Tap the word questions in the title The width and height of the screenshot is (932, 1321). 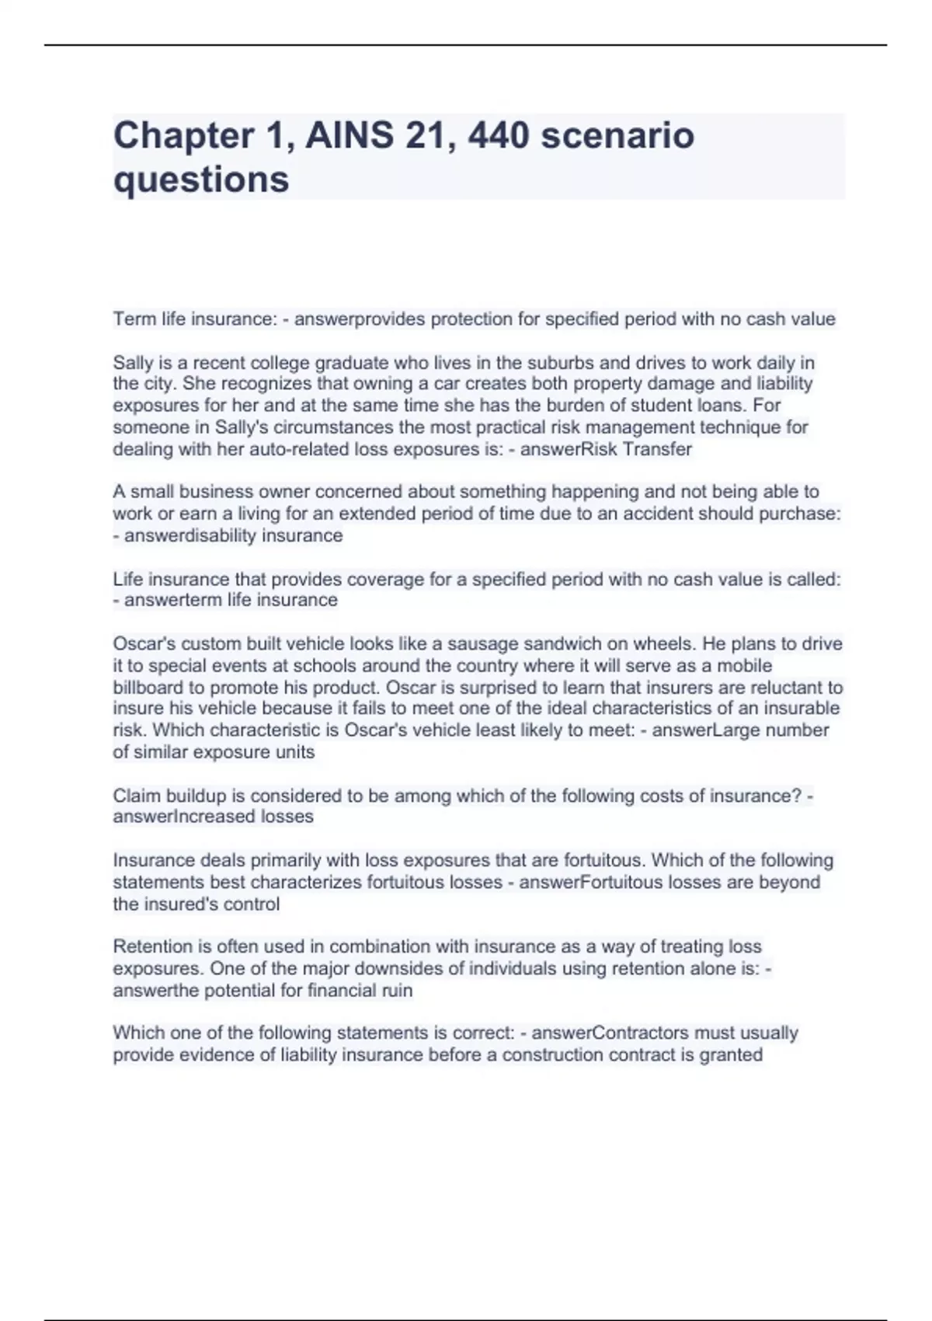pyautogui.click(x=201, y=180)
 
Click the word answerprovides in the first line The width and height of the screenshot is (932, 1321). pyautogui.click(x=360, y=319)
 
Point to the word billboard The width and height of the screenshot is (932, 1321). pyautogui.click(x=149, y=688)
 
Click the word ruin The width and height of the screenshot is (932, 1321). pyautogui.click(x=396, y=990)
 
